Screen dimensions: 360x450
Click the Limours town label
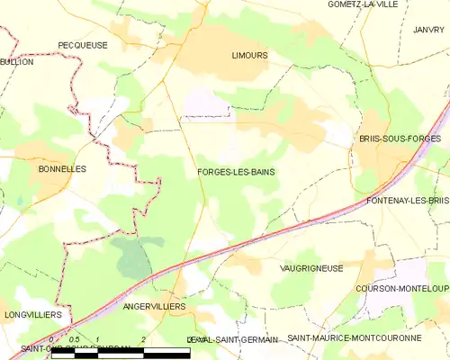coord(249,55)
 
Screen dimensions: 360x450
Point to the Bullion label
coord(17,63)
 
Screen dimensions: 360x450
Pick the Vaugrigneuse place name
coord(310,268)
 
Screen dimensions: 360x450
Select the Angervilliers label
coord(154,306)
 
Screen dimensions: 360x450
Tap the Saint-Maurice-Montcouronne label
coord(354,338)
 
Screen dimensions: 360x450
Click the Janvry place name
coord(429,30)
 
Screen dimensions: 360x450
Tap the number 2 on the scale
coord(144,338)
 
